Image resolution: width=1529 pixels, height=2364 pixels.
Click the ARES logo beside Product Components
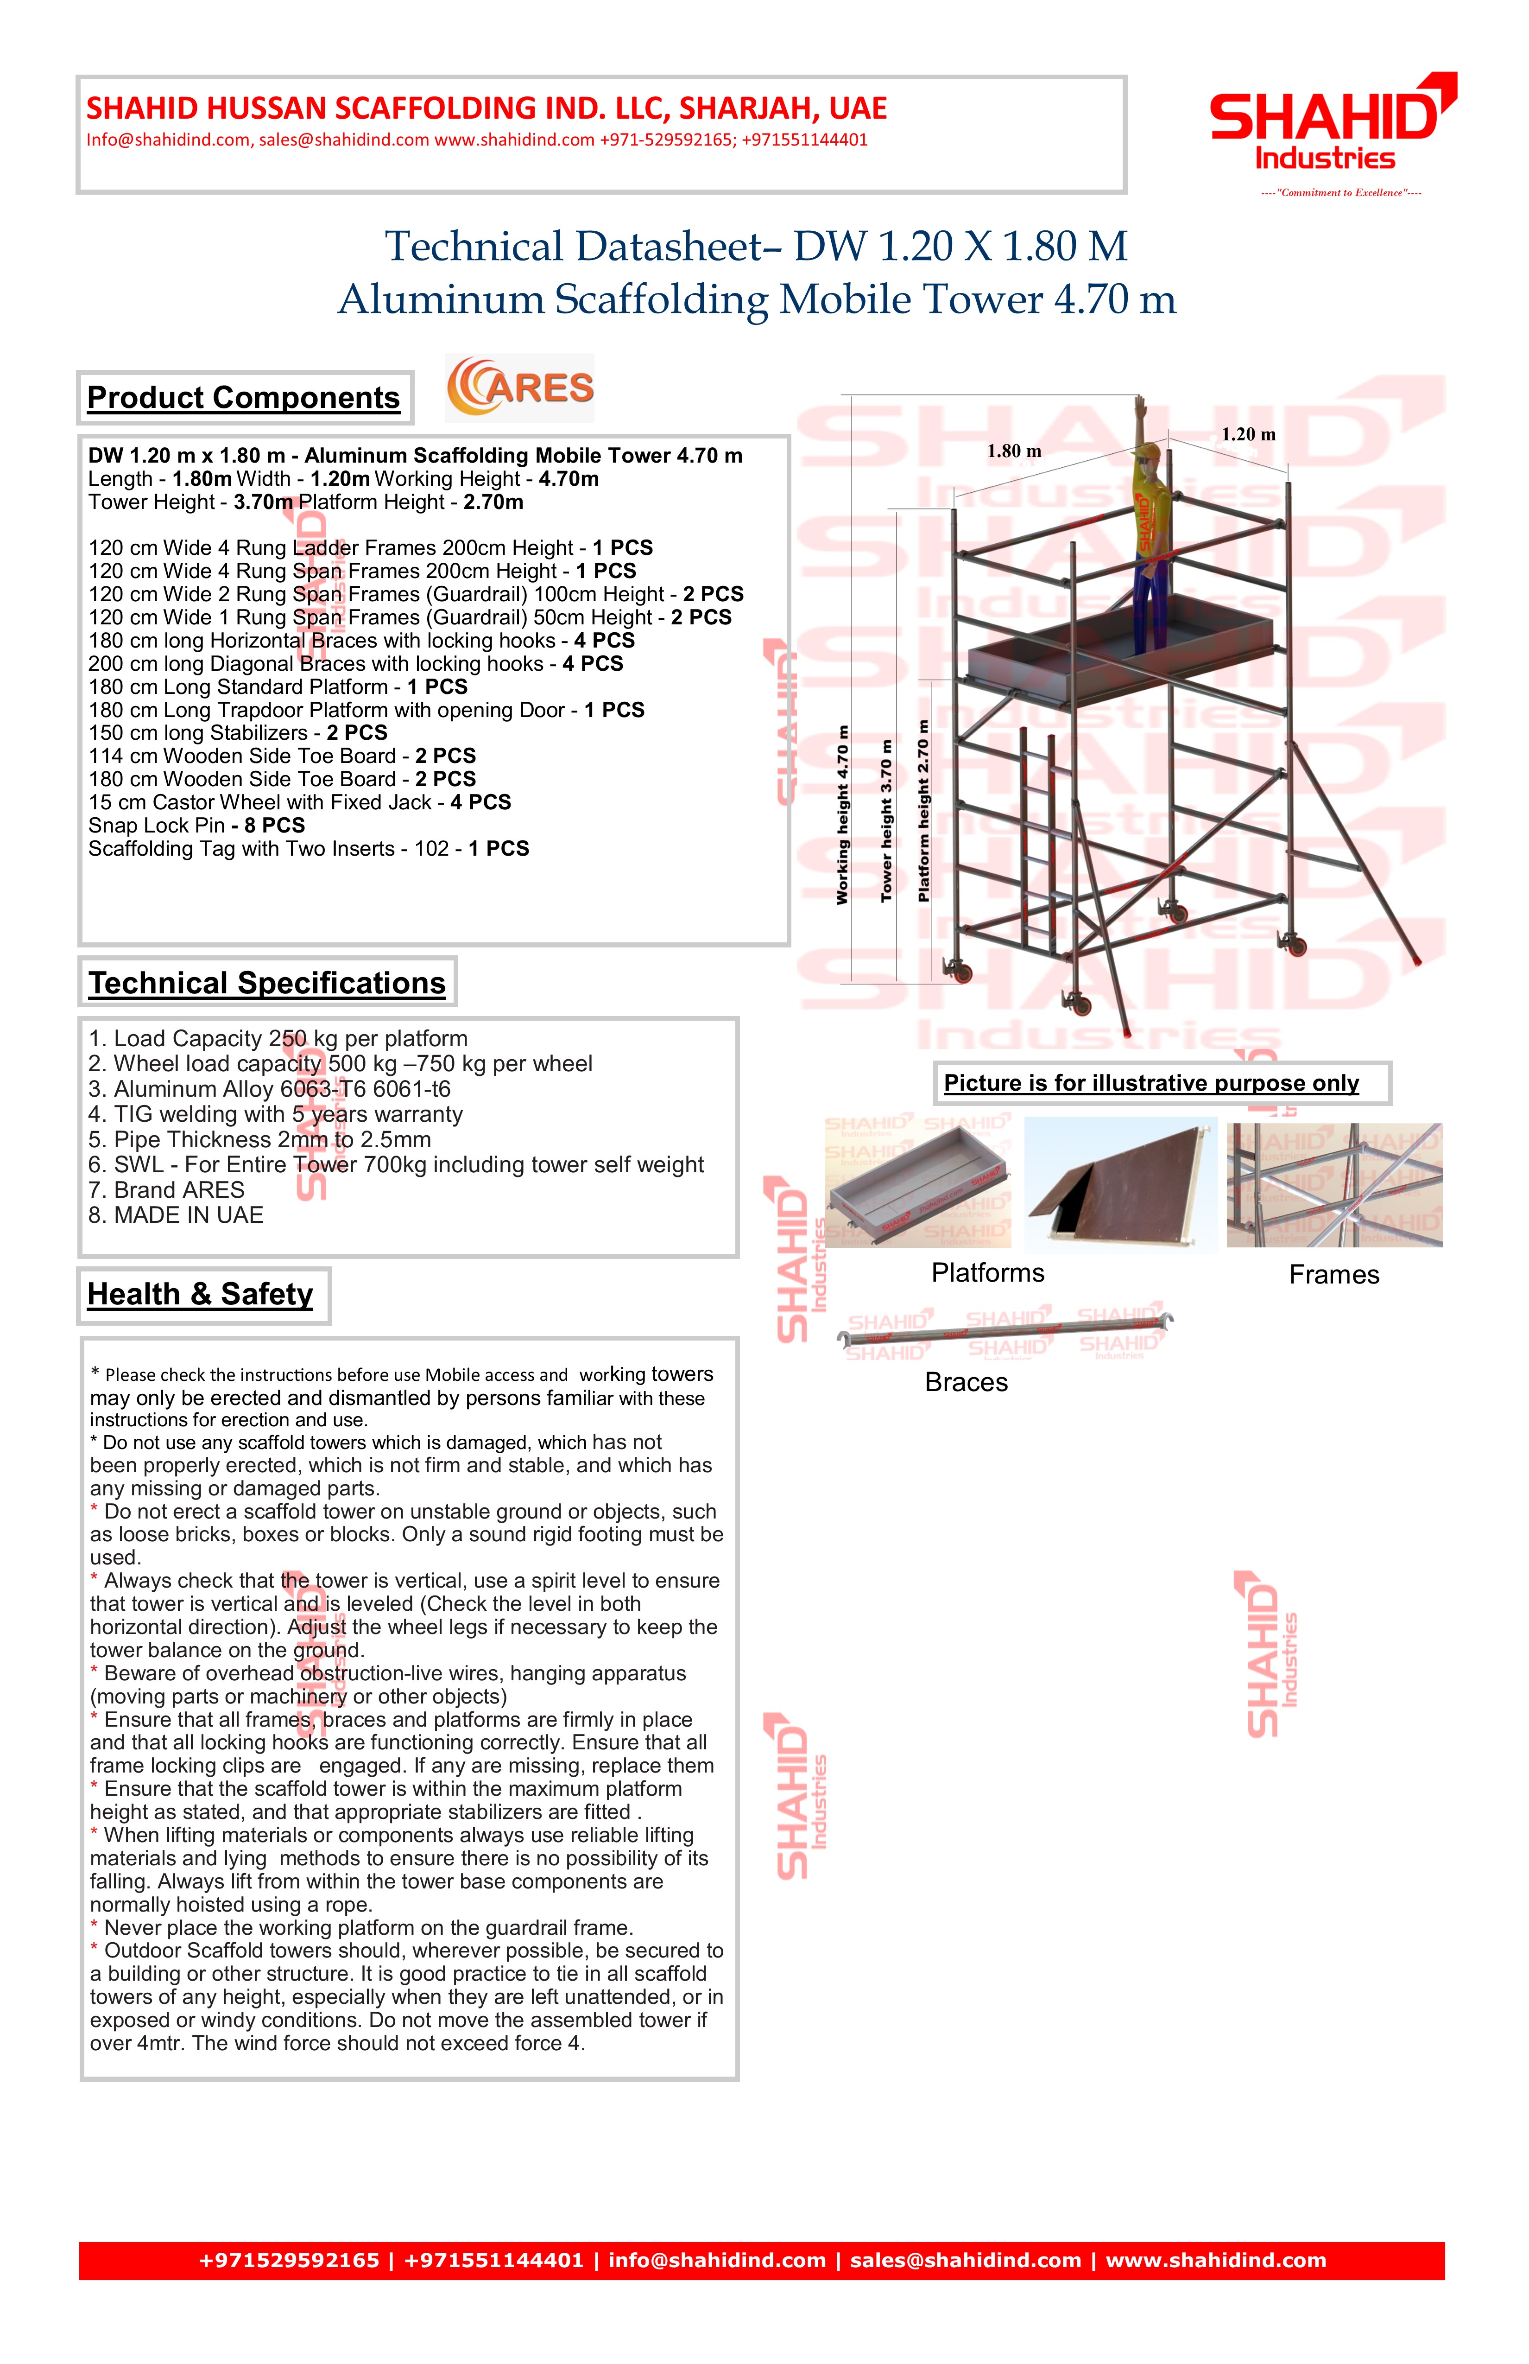pos(520,388)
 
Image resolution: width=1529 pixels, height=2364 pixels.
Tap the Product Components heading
pos(243,397)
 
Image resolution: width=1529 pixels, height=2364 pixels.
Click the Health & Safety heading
pos(201,1294)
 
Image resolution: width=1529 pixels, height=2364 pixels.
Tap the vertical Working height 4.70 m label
pos(843,814)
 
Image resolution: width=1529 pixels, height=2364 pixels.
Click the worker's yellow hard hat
pos(1149,453)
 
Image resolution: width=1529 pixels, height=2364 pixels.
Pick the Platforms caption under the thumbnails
pos(988,1273)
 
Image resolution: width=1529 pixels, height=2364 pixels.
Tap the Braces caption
pos(966,1383)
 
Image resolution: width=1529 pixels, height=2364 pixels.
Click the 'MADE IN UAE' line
pos(176,1216)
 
